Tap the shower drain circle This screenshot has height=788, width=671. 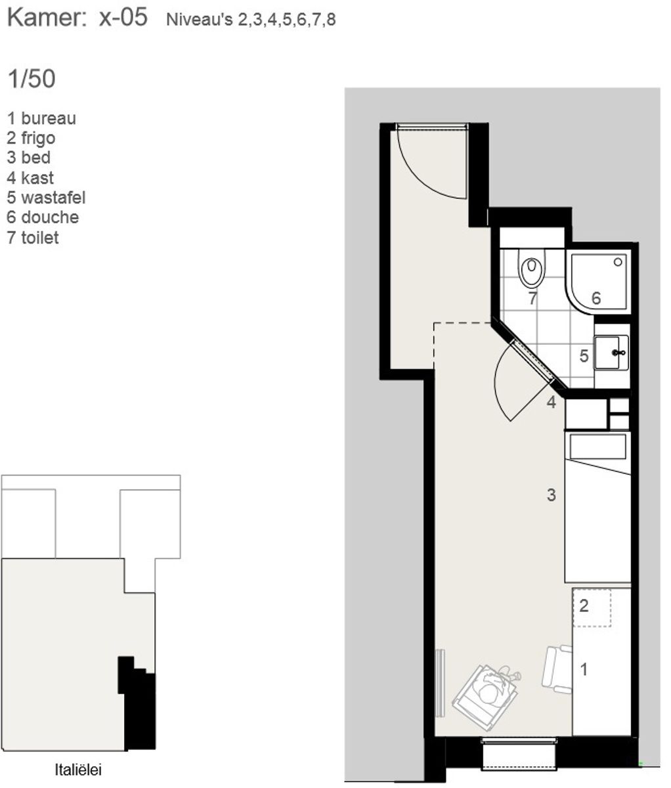[x=618, y=262]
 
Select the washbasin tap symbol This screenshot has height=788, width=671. [x=618, y=353]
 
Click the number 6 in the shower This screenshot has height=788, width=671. [x=596, y=298]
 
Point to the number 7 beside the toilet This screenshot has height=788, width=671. [x=533, y=298]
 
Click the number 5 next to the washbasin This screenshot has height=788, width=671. [x=584, y=356]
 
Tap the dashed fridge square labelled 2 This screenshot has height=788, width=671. [x=592, y=608]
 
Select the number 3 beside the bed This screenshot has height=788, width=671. [x=552, y=495]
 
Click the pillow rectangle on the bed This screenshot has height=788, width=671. [x=598, y=447]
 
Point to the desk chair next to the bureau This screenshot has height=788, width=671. [x=557, y=668]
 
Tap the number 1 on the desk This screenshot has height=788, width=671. [x=584, y=669]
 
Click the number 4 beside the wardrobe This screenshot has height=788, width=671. [x=552, y=402]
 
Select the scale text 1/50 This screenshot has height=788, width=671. [x=32, y=79]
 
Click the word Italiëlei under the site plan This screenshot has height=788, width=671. [x=78, y=770]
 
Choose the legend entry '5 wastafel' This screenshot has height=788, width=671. [x=46, y=198]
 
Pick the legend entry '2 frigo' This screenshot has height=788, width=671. [x=31, y=139]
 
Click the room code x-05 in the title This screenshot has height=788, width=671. [x=123, y=17]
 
